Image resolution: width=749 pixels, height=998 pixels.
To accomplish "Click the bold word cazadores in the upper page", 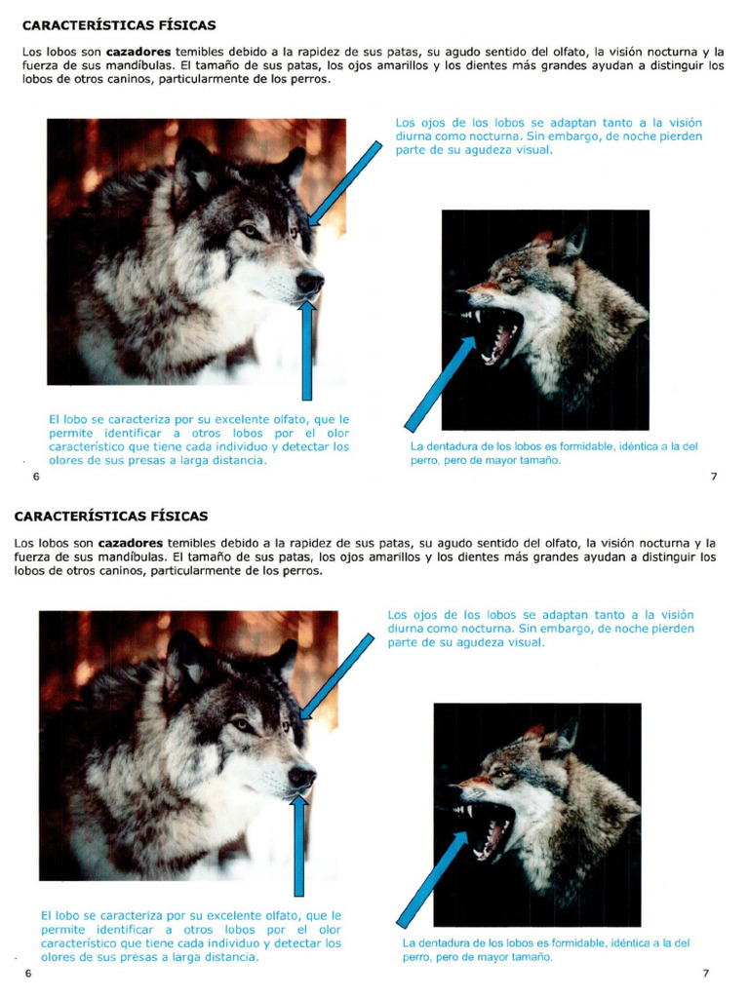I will (138, 52).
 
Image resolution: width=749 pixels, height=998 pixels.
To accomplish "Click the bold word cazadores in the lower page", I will (131, 543).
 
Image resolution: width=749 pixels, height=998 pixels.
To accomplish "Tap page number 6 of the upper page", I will (36, 477).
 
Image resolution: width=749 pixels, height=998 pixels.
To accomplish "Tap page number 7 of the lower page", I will (706, 974).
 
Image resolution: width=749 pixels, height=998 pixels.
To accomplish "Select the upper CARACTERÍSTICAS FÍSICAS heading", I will (119, 25).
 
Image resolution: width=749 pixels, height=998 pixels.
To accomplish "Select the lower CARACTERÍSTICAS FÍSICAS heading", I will (111, 517).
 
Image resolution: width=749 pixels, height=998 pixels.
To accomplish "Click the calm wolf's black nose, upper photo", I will (310, 283).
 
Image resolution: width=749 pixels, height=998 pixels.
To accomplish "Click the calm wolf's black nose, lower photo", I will (301, 776).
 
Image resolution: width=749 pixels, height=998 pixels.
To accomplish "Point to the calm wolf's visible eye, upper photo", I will (250, 231).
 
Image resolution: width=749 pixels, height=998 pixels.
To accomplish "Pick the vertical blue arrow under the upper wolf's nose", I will (307, 351).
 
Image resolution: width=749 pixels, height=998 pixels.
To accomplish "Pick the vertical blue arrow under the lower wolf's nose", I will (299, 844).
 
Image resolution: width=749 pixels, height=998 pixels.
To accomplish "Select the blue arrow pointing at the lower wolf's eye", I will (336, 675).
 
